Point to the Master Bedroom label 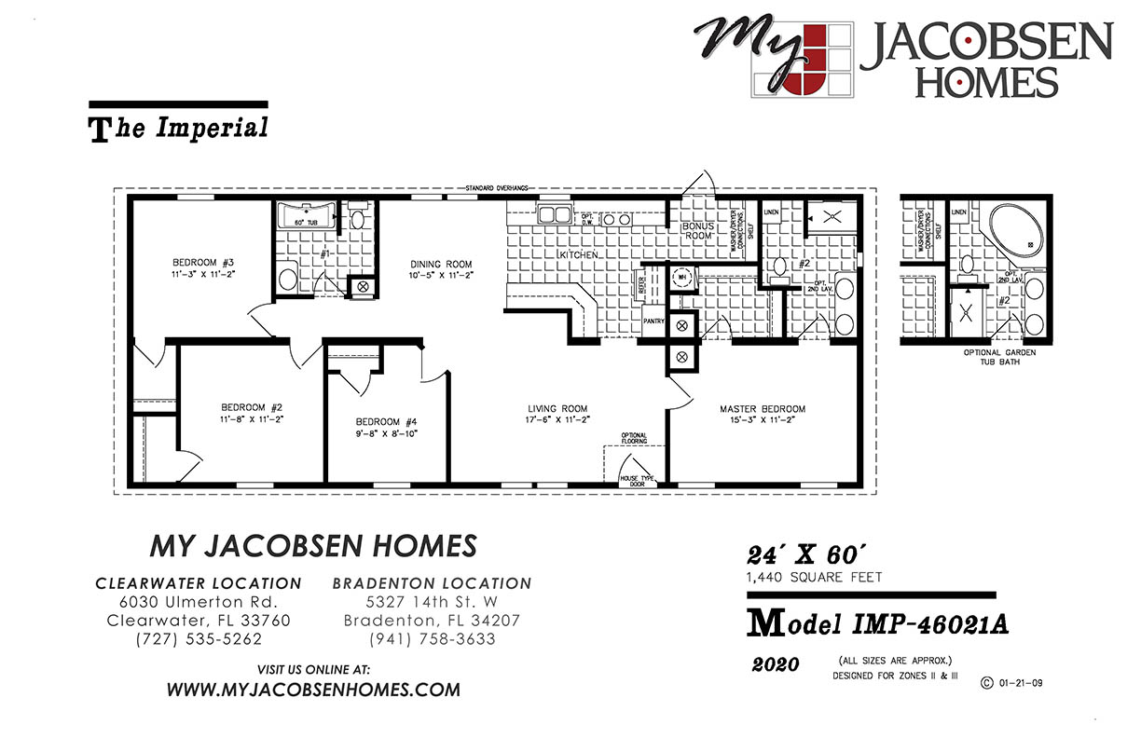click(763, 409)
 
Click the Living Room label click(557, 409)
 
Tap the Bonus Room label click(697, 231)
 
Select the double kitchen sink click(555, 215)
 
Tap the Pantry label click(653, 321)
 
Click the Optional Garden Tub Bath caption click(999, 357)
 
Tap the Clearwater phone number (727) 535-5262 click(199, 639)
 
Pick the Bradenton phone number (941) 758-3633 click(432, 639)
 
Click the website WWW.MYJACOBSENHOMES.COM click(313, 690)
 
